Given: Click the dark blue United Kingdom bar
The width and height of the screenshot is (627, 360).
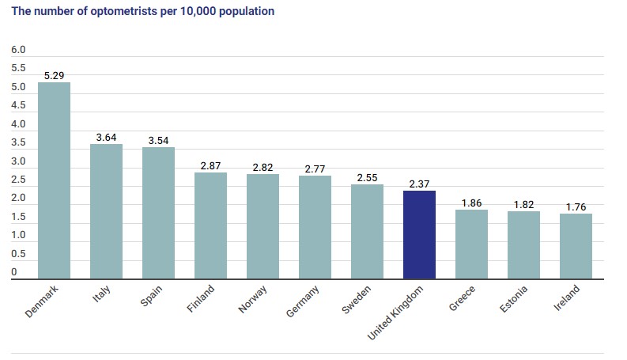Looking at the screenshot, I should pos(419,234).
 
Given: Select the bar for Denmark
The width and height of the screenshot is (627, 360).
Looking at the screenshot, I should pos(54,180).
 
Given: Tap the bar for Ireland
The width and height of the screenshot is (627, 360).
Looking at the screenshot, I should pos(576,246).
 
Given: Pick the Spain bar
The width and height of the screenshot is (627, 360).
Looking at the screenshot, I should pos(158,213).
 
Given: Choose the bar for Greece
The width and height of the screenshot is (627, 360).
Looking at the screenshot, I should pos(471,244).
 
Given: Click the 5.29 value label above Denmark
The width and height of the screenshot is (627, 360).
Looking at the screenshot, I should pos(54,75).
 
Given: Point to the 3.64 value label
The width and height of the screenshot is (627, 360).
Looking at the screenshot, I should pos(106,137).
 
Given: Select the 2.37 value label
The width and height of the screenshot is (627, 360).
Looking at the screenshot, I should pos(419,184).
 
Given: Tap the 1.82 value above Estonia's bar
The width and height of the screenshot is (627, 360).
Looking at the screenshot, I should pos(523,204).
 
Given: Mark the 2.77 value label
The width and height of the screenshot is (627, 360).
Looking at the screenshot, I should pos(315,169).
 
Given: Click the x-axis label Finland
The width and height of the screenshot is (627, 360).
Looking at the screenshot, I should pos(200,299).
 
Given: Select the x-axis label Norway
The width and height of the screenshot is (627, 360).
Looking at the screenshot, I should pos(253,299).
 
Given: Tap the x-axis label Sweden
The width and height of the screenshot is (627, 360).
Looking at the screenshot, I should pos(357,299).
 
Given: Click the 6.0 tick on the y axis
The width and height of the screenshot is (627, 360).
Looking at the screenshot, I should pos(18,50).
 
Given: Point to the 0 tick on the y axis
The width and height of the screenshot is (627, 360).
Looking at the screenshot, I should pos(14,273).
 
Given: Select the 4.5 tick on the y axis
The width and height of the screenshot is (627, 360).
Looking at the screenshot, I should pos(18,106).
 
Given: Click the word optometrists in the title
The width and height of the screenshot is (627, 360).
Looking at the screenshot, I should pos(112,12).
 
